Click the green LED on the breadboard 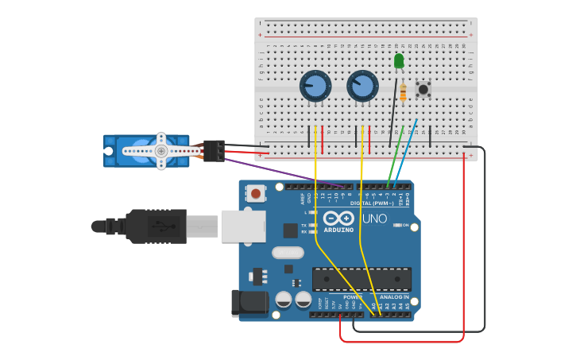pos(399,61)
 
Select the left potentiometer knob pos(315,86)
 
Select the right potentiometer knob pos(362,86)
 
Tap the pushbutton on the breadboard pos(423,89)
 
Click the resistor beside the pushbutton pos(403,93)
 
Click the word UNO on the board pos(374,219)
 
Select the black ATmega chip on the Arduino pos(361,279)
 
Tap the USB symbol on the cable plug pos(165,226)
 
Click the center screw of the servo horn pos(160,151)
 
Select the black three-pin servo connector pos(214,150)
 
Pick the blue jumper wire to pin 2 pos(407,151)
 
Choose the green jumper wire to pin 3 pos(395,155)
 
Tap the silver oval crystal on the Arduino pos(287,253)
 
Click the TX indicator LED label pos(304,225)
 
